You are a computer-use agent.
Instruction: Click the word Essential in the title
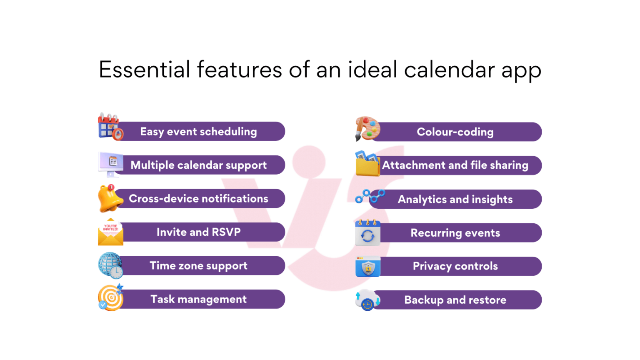tap(144, 70)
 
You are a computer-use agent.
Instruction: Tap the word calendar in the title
tap(450, 70)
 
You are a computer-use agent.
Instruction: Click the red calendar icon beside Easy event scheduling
tap(110, 127)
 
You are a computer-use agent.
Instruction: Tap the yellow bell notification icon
tap(110, 198)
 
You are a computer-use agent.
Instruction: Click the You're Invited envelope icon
tap(110, 232)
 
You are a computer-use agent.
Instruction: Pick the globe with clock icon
tap(110, 265)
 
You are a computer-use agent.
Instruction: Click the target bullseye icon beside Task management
tap(110, 298)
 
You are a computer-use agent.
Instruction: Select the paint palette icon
tap(367, 128)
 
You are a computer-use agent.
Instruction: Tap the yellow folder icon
tap(367, 163)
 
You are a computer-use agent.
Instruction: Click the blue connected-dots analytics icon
tap(370, 196)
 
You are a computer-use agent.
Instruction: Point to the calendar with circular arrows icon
tap(367, 232)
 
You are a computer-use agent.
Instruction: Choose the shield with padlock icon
tap(368, 266)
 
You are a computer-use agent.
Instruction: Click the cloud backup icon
tap(368, 300)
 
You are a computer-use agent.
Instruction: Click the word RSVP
tap(226, 232)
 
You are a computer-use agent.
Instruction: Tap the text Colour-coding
tap(455, 132)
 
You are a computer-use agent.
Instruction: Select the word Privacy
tap(432, 266)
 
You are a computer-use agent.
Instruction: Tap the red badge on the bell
tap(111, 187)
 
